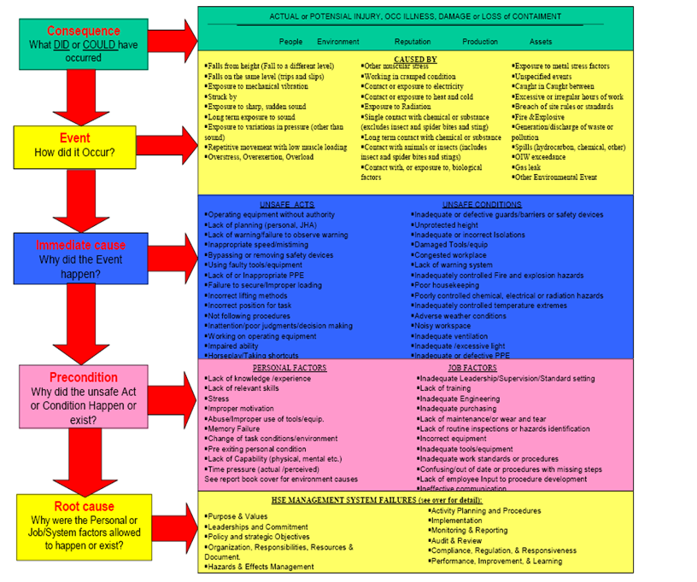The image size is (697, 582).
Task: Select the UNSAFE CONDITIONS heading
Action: coord(483,205)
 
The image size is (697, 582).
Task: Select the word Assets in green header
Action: coord(541,41)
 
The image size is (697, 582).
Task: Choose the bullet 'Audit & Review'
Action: coord(457,540)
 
